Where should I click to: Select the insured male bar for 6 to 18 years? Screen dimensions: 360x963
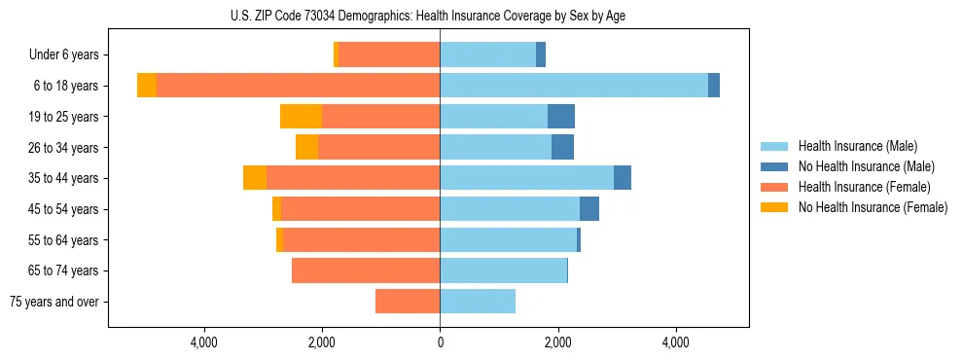click(574, 86)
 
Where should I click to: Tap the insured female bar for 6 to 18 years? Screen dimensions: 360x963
click(298, 86)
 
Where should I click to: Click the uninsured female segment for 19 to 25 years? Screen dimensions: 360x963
click(301, 117)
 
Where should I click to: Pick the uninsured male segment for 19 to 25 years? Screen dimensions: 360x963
click(561, 117)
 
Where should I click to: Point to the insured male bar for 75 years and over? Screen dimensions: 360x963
click(478, 302)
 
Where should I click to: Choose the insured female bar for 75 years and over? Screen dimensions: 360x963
click(408, 302)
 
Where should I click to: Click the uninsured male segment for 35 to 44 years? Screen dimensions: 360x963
click(623, 178)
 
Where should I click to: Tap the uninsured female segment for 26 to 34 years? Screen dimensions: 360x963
click(306, 147)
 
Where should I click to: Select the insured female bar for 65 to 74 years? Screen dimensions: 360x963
click(366, 270)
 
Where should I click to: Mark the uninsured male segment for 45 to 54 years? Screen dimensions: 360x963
click(589, 209)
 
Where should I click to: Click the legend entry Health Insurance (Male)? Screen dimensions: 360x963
click(857, 146)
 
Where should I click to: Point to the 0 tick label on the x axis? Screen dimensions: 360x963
click(440, 342)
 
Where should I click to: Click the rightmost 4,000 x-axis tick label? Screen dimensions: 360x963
click(675, 342)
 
